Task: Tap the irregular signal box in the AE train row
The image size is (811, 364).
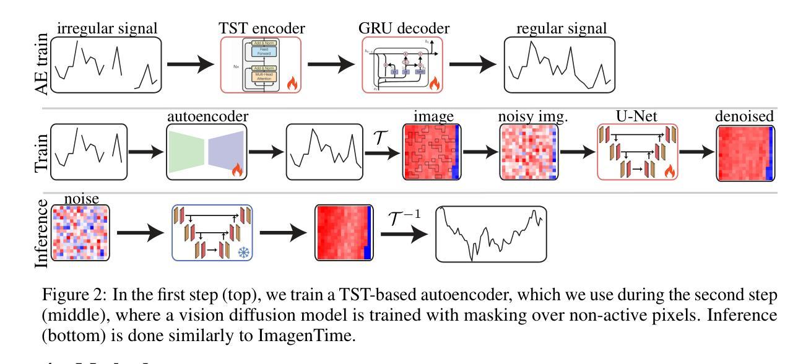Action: (106, 64)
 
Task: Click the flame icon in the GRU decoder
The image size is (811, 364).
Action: (433, 83)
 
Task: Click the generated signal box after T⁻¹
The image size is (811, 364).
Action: (491, 234)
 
